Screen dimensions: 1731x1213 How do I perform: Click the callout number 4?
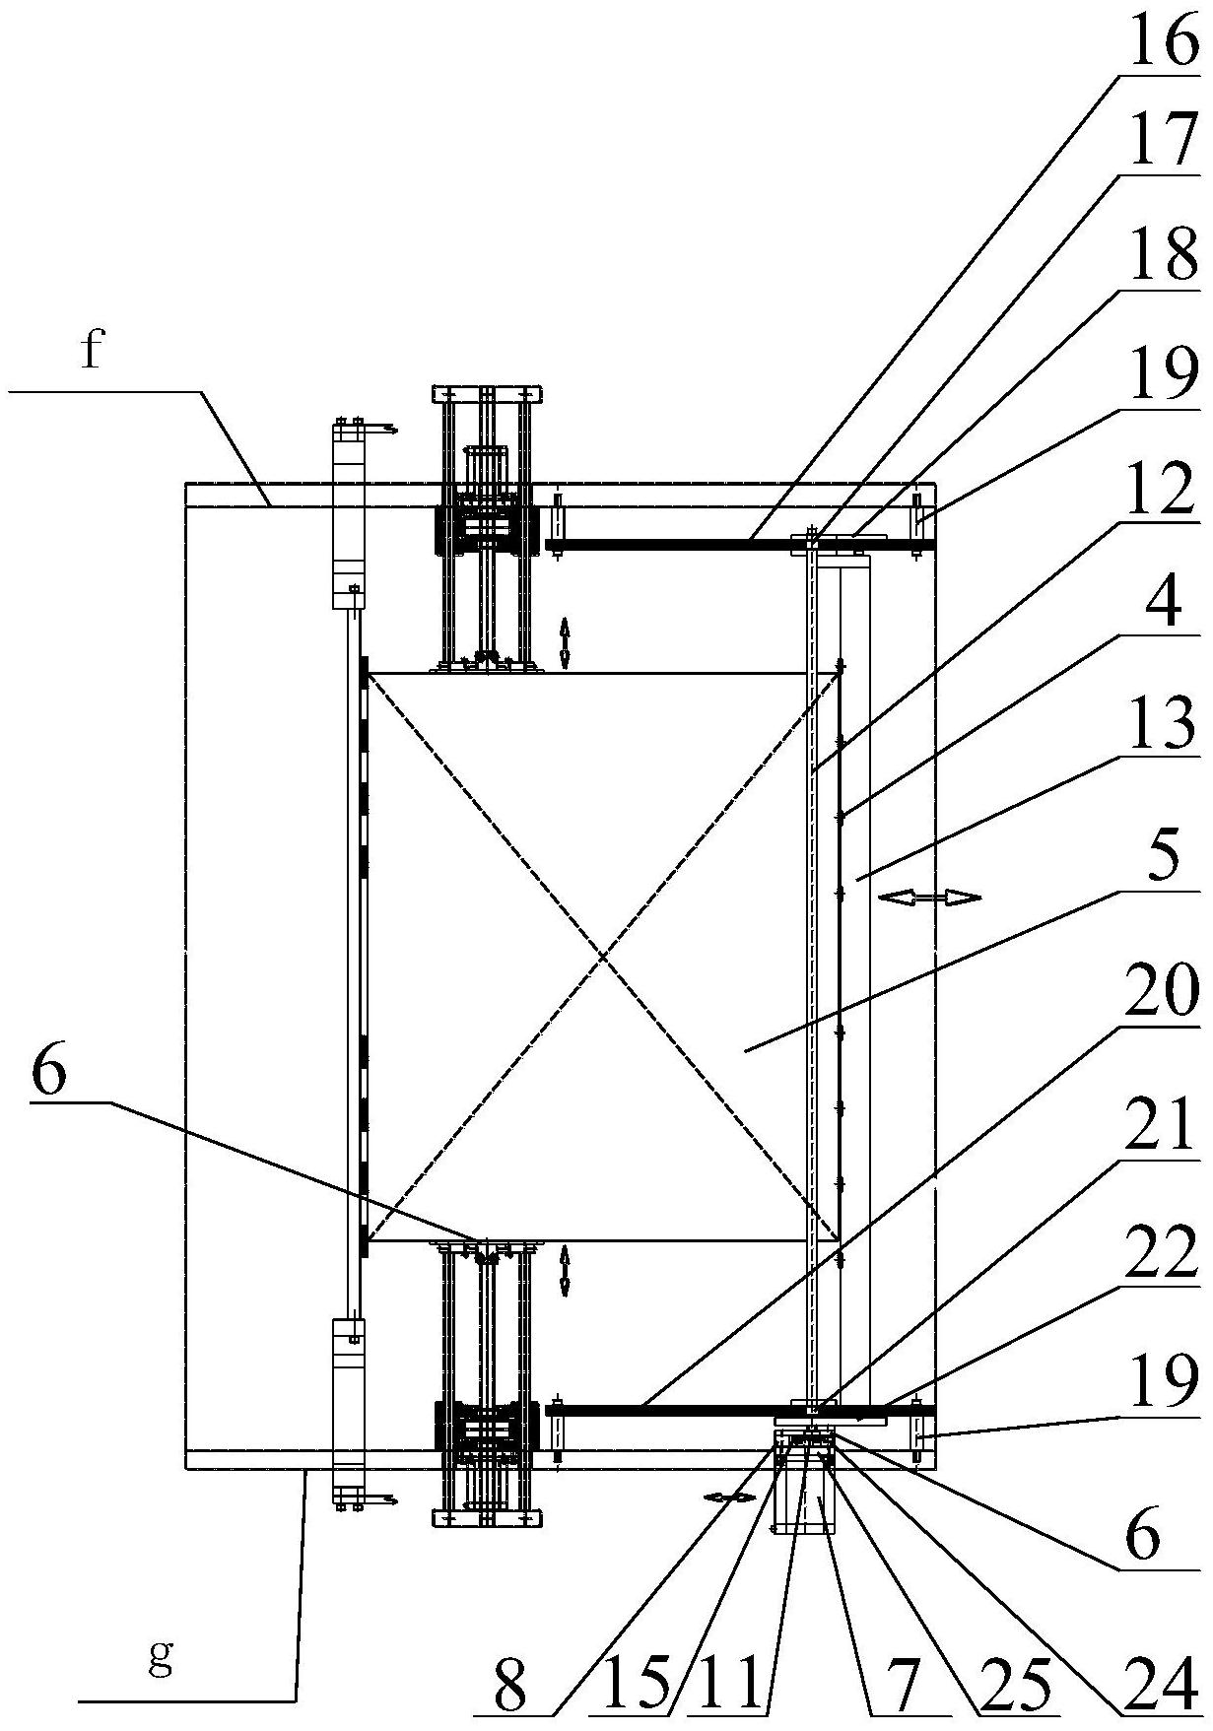click(1169, 603)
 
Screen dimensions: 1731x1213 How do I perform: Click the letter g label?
click(160, 1657)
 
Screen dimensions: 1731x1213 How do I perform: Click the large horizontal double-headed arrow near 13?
click(929, 897)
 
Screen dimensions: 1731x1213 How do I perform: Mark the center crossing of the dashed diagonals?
click(603, 957)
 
